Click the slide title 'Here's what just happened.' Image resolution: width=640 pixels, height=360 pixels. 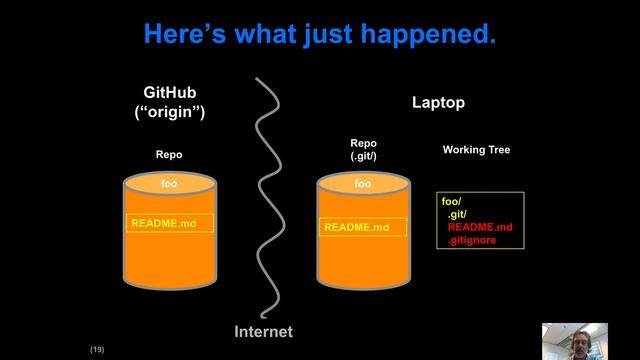pos(320,35)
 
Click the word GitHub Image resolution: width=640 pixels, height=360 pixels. pos(169,93)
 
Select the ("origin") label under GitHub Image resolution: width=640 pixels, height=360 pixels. pos(169,112)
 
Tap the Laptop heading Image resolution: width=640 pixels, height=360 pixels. pos(438,103)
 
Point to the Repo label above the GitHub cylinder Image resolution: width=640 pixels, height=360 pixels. pos(169,155)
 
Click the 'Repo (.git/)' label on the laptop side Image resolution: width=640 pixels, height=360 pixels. pos(363,150)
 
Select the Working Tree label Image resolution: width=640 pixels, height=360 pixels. pos(476,150)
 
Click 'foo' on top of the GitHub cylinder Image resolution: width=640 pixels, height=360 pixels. pos(169,184)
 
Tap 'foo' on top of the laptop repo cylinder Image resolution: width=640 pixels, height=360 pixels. pos(363,184)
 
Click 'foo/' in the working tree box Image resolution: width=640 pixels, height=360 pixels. pos(451,202)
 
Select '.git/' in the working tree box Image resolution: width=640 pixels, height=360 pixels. pos(457,215)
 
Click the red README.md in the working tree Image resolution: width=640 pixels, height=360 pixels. pos(479,228)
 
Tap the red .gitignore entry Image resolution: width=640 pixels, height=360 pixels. pos(472,241)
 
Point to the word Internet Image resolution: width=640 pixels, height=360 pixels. pos(263,332)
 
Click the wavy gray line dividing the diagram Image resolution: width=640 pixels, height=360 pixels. pos(265,200)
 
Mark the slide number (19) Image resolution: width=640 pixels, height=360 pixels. pos(97,350)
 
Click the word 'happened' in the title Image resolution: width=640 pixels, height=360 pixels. pos(437,35)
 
